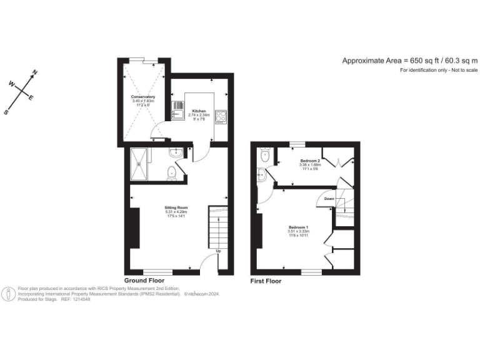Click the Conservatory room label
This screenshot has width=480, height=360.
pos(143,97)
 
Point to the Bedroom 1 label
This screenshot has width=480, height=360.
pos(298,227)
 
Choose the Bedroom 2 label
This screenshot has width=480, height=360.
pos(309,161)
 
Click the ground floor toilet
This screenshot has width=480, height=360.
pos(171,173)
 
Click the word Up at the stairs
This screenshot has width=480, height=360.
pos(218,251)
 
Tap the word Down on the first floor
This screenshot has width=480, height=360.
pos(329,199)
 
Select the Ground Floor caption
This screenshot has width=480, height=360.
pos(144,281)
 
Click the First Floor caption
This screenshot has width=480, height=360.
pos(266,281)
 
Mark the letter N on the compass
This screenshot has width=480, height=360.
pos(34,73)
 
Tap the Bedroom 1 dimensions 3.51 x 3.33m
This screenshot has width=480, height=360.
pos(298,232)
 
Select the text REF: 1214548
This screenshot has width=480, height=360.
pos(76,299)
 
